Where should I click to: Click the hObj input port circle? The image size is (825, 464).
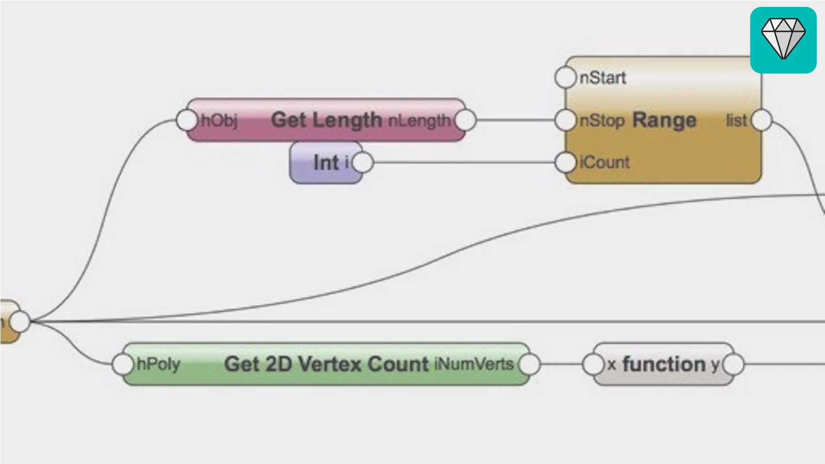[187, 120]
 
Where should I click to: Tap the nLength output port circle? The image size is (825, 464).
[465, 120]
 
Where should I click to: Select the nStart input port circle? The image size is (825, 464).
[565, 78]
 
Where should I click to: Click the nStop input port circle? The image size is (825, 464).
[565, 120]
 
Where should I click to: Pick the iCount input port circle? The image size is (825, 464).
[565, 163]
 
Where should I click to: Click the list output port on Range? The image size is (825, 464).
[761, 120]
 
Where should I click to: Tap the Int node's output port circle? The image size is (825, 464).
[363, 163]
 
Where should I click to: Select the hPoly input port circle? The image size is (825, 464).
[122, 364]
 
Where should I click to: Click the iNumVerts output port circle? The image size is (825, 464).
[529, 364]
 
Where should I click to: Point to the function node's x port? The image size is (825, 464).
[593, 364]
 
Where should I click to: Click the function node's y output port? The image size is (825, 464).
[733, 364]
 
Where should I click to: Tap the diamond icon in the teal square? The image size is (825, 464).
[783, 39]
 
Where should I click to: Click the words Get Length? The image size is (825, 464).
[326, 120]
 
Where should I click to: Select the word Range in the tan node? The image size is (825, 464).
[664, 120]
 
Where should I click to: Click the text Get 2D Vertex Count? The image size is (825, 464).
[327, 364]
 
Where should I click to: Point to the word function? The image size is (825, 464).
[664, 364]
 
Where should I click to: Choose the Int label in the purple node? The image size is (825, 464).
[326, 163]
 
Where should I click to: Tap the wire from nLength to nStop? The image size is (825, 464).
[516, 120]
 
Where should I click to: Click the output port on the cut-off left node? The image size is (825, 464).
[20, 321]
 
